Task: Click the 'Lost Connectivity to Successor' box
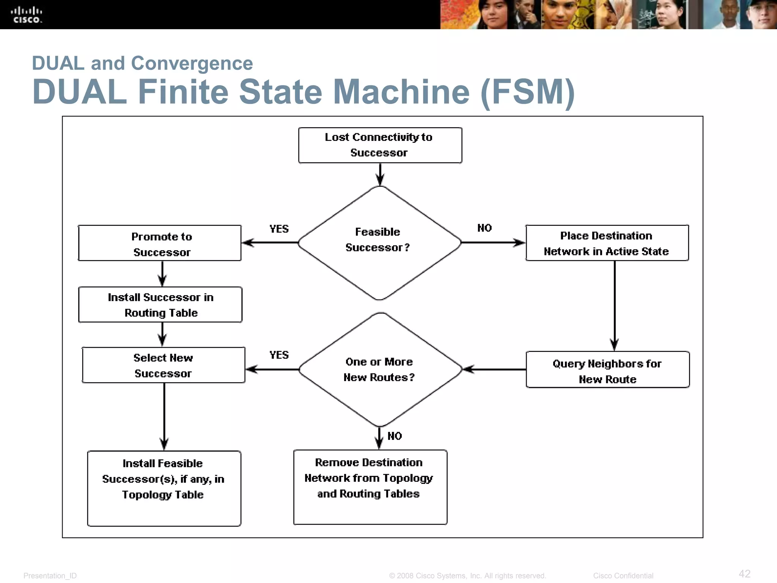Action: (380, 145)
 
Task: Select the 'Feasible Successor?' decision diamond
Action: (379, 243)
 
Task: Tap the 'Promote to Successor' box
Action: (160, 243)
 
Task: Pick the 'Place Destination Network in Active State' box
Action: (607, 243)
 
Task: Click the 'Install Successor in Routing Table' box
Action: (160, 305)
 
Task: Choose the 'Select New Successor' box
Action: (164, 365)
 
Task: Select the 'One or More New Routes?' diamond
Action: (380, 369)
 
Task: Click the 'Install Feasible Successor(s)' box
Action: (164, 488)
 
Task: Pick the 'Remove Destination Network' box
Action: (370, 487)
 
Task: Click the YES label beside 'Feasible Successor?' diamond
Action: (279, 229)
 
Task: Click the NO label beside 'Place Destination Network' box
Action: (484, 228)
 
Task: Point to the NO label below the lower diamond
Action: (395, 436)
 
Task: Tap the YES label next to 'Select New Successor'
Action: (279, 355)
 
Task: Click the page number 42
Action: (744, 574)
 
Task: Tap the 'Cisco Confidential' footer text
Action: (623, 576)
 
